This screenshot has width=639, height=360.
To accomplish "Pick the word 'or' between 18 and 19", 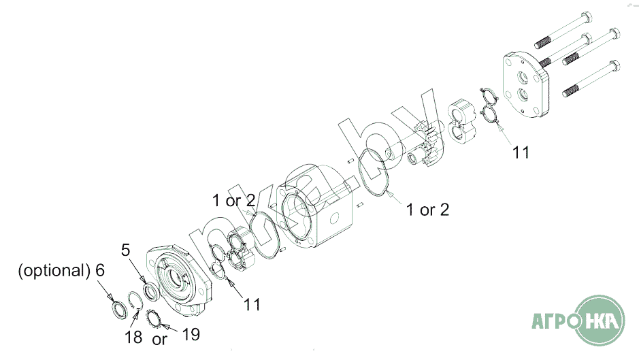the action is click(159, 338).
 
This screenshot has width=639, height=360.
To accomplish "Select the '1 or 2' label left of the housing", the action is click(233, 201).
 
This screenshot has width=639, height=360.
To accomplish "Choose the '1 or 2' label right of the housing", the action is click(427, 210).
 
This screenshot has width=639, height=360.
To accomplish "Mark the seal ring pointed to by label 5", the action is click(151, 291).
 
